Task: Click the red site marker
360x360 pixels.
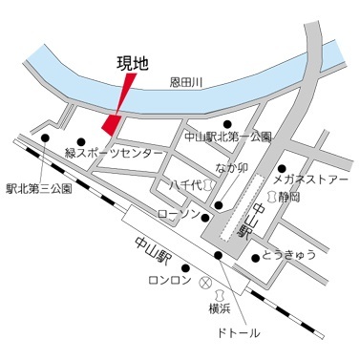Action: [113, 123]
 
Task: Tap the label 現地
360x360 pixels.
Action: [133, 64]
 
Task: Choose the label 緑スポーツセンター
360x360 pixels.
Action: [105, 152]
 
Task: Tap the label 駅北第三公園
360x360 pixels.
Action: [38, 189]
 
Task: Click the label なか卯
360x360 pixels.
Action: [232, 169]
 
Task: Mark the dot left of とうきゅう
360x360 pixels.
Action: [254, 257]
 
